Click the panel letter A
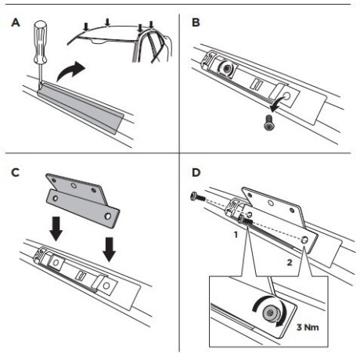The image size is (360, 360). (16, 23)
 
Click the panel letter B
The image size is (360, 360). (196, 23)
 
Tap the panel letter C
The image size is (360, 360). (16, 172)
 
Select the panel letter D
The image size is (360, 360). (196, 172)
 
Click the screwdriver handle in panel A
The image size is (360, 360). (40, 41)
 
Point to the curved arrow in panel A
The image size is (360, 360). (70, 71)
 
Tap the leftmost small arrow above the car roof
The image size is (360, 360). (86, 27)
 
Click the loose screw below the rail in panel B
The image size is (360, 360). (269, 123)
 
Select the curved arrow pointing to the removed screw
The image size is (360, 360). (279, 103)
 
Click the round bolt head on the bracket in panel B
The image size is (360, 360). (226, 69)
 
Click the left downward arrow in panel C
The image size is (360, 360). (56, 229)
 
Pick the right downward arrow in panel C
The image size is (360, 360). (109, 249)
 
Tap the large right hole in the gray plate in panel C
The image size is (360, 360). (107, 216)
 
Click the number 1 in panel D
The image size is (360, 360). (236, 235)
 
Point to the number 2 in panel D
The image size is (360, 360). (290, 262)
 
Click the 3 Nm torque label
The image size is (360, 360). (308, 327)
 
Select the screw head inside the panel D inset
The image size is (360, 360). (270, 311)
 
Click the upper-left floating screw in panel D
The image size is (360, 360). (197, 196)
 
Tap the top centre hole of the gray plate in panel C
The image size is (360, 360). (74, 185)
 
